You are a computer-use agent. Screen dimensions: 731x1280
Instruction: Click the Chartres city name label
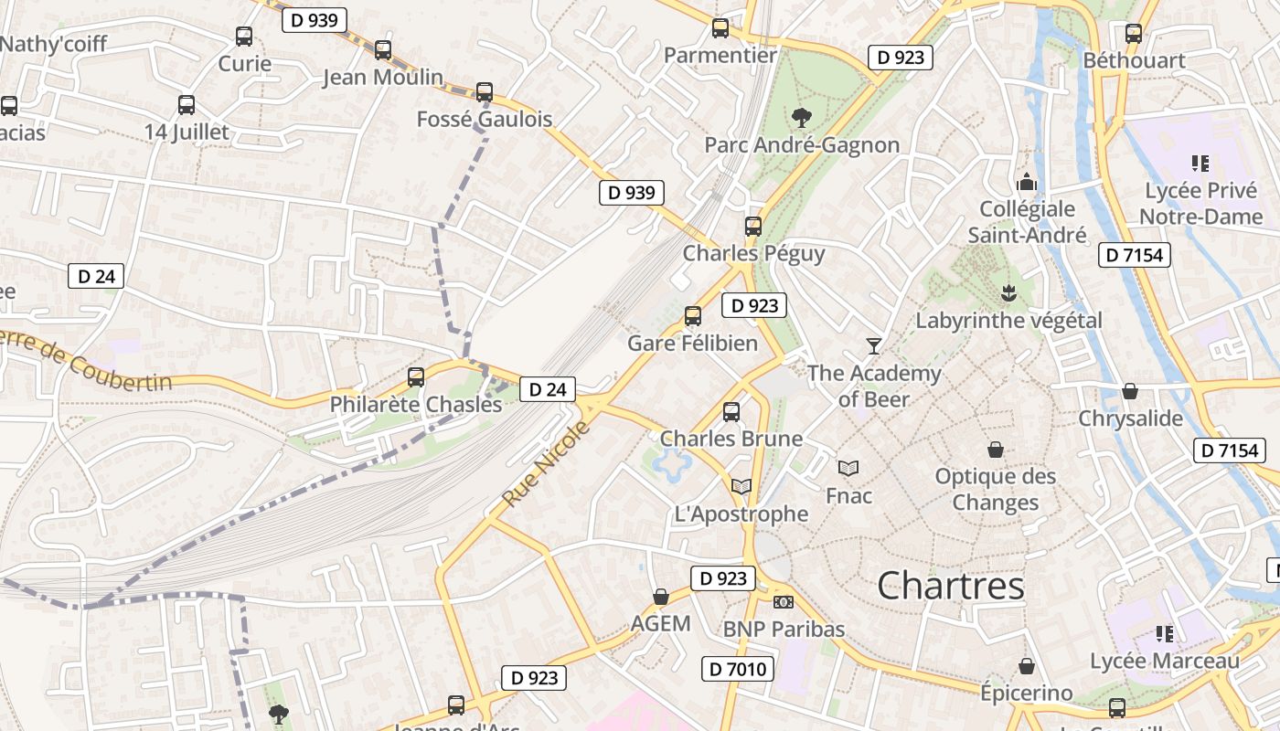951,586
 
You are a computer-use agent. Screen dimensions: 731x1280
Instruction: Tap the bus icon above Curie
244,37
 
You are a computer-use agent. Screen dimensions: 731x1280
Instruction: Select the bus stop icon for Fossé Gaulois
485,91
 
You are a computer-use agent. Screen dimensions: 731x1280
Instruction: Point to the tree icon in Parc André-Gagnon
802,117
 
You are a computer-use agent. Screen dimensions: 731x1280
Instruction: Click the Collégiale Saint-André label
1028,222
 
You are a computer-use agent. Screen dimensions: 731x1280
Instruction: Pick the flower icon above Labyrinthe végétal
1008,293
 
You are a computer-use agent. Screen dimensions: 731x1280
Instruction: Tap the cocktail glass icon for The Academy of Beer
874,345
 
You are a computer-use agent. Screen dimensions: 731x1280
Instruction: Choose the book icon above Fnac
848,468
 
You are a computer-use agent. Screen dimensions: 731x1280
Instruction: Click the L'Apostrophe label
741,514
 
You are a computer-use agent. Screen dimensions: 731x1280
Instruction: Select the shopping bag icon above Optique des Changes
996,450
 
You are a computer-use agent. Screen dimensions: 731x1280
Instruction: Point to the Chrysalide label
1130,418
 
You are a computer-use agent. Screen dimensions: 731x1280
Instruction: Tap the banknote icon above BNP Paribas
784,601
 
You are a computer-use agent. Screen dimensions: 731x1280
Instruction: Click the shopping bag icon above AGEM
661,597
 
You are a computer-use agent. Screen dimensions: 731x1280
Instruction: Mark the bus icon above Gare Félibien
693,316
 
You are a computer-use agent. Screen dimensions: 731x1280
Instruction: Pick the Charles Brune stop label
731,439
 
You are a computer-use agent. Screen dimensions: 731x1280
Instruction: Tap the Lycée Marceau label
1165,661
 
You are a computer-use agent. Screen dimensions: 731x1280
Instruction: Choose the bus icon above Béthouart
1134,34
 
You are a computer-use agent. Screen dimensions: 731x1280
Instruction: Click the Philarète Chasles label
416,404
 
